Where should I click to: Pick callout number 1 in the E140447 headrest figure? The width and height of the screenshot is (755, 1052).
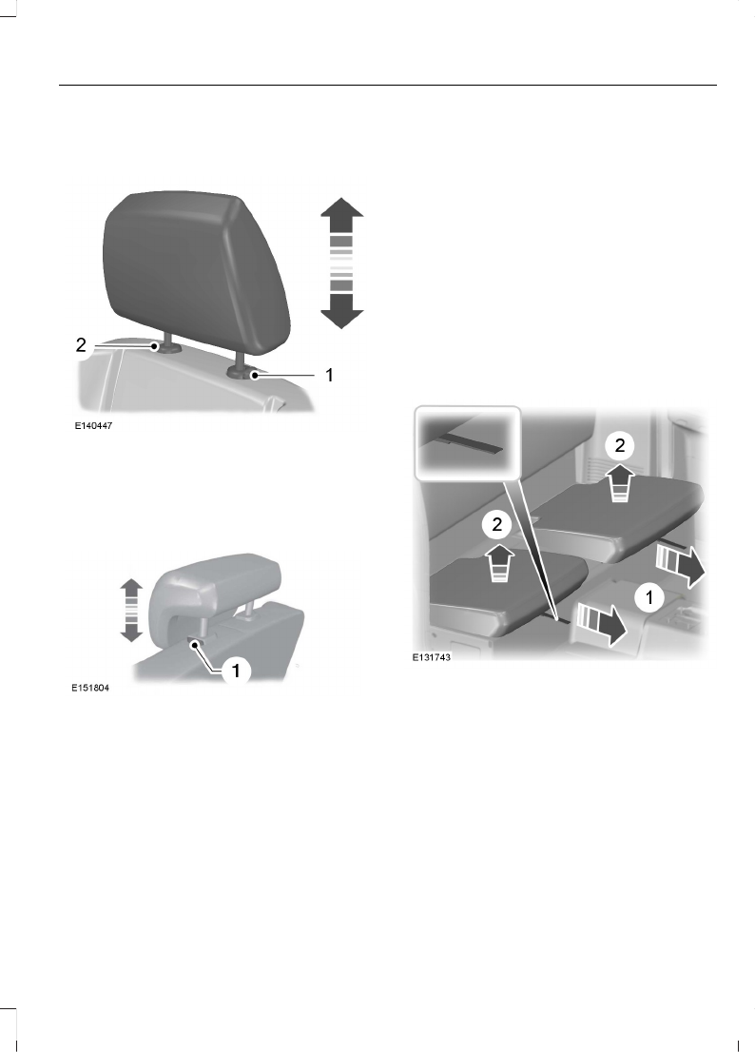pos(329,376)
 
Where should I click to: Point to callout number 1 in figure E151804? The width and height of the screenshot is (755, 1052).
pos(236,671)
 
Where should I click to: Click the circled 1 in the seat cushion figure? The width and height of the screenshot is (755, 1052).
pos(649,598)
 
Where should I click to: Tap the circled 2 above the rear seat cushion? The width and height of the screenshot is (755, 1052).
pos(618,443)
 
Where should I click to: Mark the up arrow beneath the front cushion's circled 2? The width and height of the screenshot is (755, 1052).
pos(498,562)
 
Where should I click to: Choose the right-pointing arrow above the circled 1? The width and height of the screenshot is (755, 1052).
pos(680,564)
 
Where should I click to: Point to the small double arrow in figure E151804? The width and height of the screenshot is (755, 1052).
pos(132,610)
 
